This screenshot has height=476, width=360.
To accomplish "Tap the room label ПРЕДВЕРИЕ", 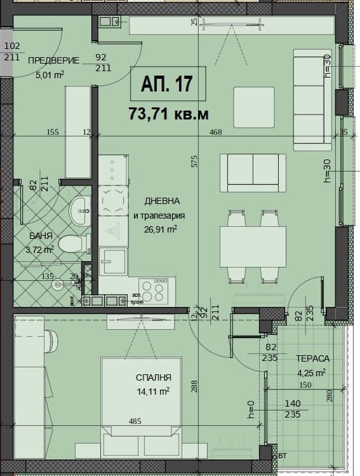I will coord(54,61).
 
